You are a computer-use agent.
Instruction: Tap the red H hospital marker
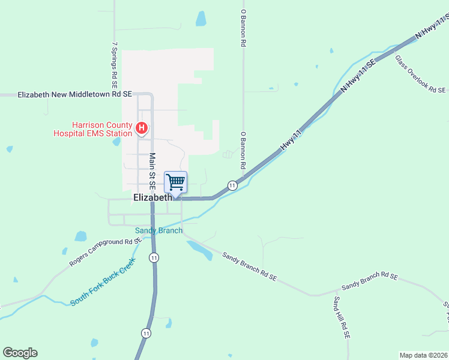142,128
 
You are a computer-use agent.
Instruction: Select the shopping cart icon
175,182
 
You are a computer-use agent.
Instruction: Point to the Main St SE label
152,171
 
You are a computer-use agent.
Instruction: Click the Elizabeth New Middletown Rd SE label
74,95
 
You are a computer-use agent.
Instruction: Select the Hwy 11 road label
290,139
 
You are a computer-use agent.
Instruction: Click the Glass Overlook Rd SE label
420,74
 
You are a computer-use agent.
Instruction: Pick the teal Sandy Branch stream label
158,230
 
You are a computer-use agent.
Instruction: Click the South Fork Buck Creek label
103,282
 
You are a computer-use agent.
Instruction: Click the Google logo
20,353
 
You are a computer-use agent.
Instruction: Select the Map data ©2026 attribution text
423,355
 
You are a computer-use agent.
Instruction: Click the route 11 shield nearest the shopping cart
232,186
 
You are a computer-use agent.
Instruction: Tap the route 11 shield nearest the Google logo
146,332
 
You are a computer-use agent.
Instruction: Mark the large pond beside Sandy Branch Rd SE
200,250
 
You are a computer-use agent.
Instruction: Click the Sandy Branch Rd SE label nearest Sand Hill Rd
369,277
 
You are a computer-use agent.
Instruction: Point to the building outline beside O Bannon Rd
228,154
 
